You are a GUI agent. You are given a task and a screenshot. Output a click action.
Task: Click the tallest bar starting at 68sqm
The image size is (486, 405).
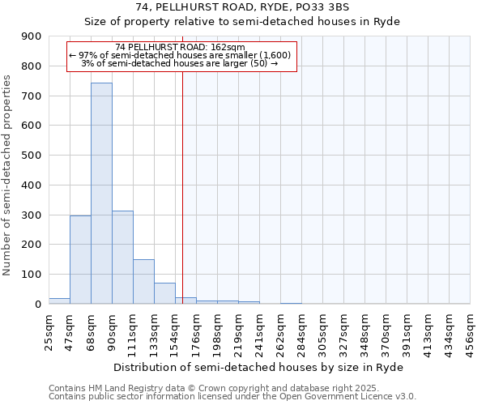click(x=101, y=194)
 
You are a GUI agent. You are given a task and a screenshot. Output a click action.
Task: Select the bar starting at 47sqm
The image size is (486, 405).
click(x=80, y=259)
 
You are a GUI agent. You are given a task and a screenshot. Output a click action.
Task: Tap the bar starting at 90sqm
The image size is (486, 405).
click(x=122, y=258)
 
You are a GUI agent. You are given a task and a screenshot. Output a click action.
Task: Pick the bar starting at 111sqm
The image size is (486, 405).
click(x=143, y=282)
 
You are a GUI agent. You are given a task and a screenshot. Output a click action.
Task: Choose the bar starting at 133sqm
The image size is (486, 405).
click(x=164, y=293)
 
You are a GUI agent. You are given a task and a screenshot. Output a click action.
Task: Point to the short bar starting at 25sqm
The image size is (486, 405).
click(x=59, y=301)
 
